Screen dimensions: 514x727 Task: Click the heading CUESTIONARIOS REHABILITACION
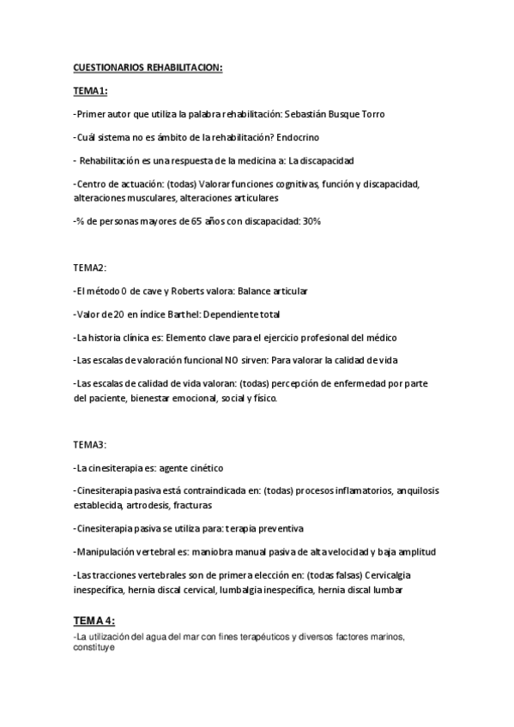148,68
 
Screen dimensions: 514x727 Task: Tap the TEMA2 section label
89,268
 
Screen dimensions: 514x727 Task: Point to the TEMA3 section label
89,445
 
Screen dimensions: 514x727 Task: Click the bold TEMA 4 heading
94,620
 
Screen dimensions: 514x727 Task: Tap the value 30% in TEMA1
311,221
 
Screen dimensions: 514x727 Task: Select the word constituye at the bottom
94,649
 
